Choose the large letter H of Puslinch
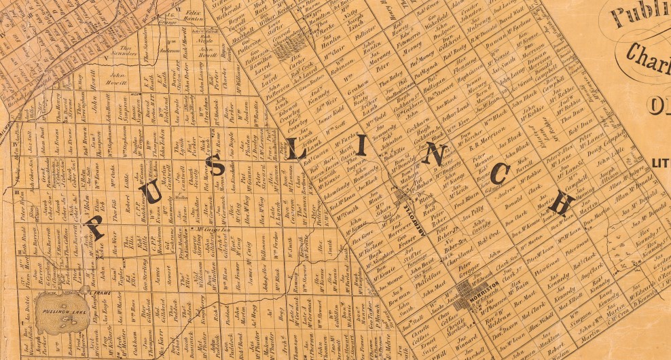(564, 202)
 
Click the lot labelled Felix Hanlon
(194, 16)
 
